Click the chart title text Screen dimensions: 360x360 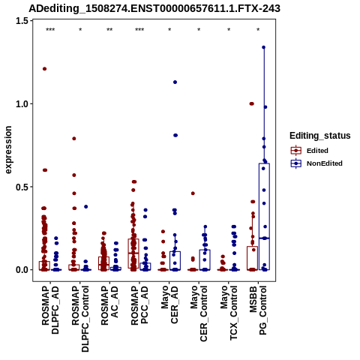pyautogui.click(x=154, y=8)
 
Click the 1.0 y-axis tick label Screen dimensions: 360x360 pyautogui.click(x=22, y=103)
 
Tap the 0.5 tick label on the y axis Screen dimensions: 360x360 pyautogui.click(x=22, y=187)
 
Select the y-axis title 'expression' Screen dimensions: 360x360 pyautogui.click(x=8, y=150)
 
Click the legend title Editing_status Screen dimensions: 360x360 pyautogui.click(x=320, y=136)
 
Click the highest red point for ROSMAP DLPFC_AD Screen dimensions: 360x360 pyautogui.click(x=45, y=69)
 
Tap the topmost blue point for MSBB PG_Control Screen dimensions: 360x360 pyautogui.click(x=263, y=47)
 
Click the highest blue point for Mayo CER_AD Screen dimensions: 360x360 pyautogui.click(x=175, y=82)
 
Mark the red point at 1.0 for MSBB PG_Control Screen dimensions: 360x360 pyautogui.click(x=252, y=103)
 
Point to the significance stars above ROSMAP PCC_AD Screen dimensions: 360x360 pyautogui.click(x=139, y=30)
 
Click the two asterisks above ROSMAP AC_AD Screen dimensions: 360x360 pyautogui.click(x=109, y=30)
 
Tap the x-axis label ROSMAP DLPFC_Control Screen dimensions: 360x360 pyautogui.click(x=80, y=319)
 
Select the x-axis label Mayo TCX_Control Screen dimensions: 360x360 pyautogui.click(x=229, y=313)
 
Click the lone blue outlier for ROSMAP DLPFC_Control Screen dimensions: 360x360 pyautogui.click(x=85, y=207)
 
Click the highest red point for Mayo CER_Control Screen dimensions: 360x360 pyautogui.click(x=193, y=193)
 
